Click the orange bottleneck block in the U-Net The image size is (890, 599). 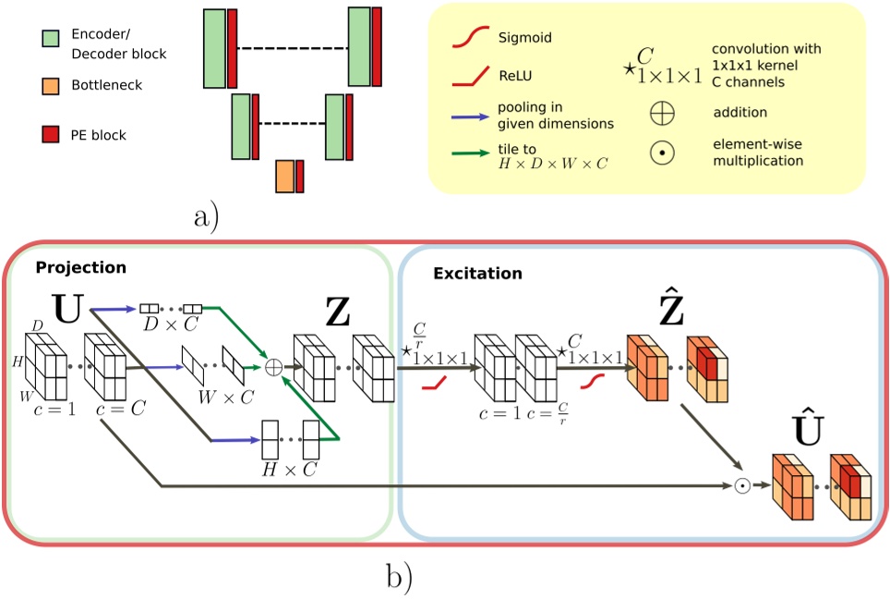click(284, 176)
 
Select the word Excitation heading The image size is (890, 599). click(477, 274)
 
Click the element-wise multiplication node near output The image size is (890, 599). click(741, 486)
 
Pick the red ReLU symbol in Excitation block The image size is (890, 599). click(435, 382)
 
